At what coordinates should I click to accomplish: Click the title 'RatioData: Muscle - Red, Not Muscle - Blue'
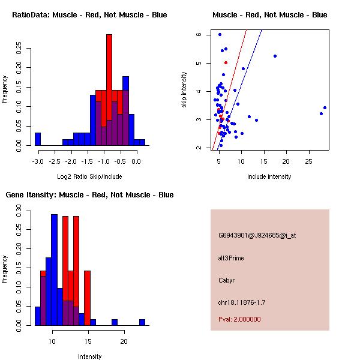(89, 14)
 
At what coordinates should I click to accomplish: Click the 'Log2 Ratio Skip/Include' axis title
(89, 176)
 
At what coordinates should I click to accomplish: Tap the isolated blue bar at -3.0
(38, 139)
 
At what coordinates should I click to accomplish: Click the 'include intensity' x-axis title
(269, 176)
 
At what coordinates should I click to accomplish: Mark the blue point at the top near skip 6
(220, 35)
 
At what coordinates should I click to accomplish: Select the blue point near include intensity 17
(275, 56)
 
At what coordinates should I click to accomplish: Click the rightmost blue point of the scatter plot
(325, 108)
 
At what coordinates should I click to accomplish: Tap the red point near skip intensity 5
(226, 62)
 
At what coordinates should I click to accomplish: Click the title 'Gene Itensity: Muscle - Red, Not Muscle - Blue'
(89, 195)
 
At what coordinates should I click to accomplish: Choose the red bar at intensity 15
(87, 298)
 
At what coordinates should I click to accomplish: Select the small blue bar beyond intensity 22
(142, 322)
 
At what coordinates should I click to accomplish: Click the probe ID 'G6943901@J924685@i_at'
(257, 235)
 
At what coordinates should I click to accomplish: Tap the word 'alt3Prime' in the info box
(231, 258)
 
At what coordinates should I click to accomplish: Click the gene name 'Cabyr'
(226, 280)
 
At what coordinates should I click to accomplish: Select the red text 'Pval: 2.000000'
(239, 319)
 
